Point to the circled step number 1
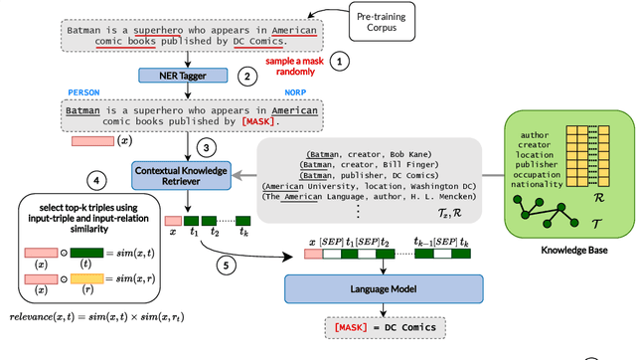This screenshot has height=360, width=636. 341,62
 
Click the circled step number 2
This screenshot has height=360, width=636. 245,76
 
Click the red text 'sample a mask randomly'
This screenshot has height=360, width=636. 293,67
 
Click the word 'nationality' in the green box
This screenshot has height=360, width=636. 535,184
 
